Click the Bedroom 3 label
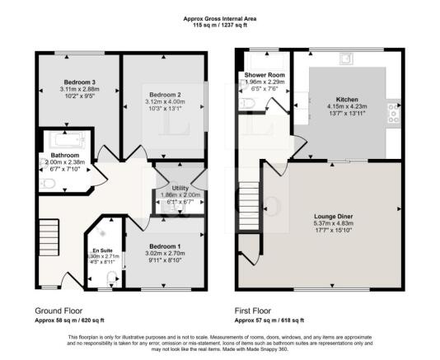pyautogui.click(x=77, y=82)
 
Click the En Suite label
pyautogui.click(x=101, y=248)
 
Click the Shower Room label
pyautogui.click(x=264, y=76)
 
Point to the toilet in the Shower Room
pyautogui.click(x=248, y=103)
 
